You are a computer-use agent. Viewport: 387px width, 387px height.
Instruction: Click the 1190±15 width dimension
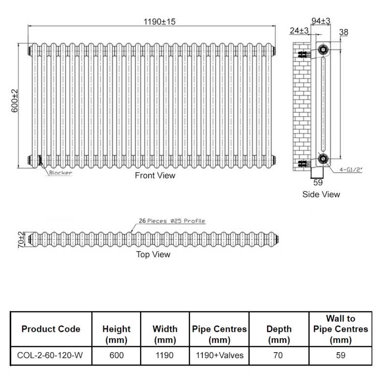tap(152, 22)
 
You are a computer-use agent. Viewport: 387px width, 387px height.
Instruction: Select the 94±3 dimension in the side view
tap(320, 21)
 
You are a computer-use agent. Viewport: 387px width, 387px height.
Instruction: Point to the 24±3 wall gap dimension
tap(299, 30)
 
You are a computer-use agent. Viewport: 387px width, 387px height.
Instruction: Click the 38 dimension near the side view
tap(344, 32)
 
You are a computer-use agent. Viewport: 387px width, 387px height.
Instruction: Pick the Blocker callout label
tap(60, 173)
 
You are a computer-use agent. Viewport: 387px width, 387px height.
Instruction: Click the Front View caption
tap(155, 176)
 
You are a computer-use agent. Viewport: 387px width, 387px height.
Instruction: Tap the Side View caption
tap(321, 194)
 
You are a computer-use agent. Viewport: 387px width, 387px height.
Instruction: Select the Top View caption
tap(153, 254)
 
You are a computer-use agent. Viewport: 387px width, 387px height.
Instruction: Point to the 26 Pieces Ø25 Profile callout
tap(172, 221)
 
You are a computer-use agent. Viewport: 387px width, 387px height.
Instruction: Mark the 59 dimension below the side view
tap(318, 182)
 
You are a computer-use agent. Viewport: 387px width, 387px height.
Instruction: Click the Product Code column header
tap(51, 329)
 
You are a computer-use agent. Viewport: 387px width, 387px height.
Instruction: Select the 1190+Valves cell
tap(219, 356)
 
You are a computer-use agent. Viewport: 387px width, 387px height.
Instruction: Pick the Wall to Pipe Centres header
tap(341, 329)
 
